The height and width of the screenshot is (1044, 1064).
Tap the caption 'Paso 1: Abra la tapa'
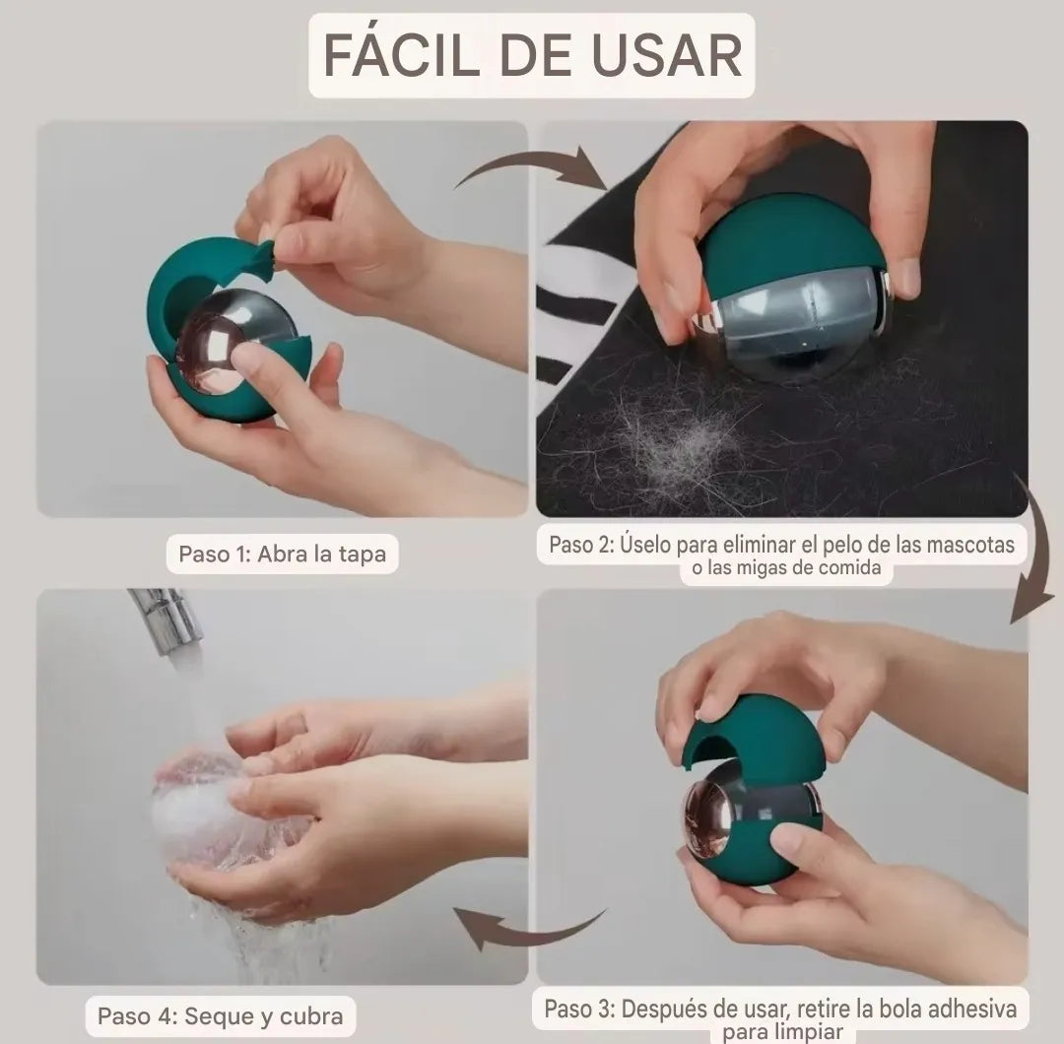point(282,554)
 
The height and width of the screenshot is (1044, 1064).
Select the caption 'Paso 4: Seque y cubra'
point(221,1015)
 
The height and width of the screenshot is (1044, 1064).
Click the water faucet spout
point(167,616)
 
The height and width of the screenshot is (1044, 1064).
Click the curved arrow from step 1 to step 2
point(532,167)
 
